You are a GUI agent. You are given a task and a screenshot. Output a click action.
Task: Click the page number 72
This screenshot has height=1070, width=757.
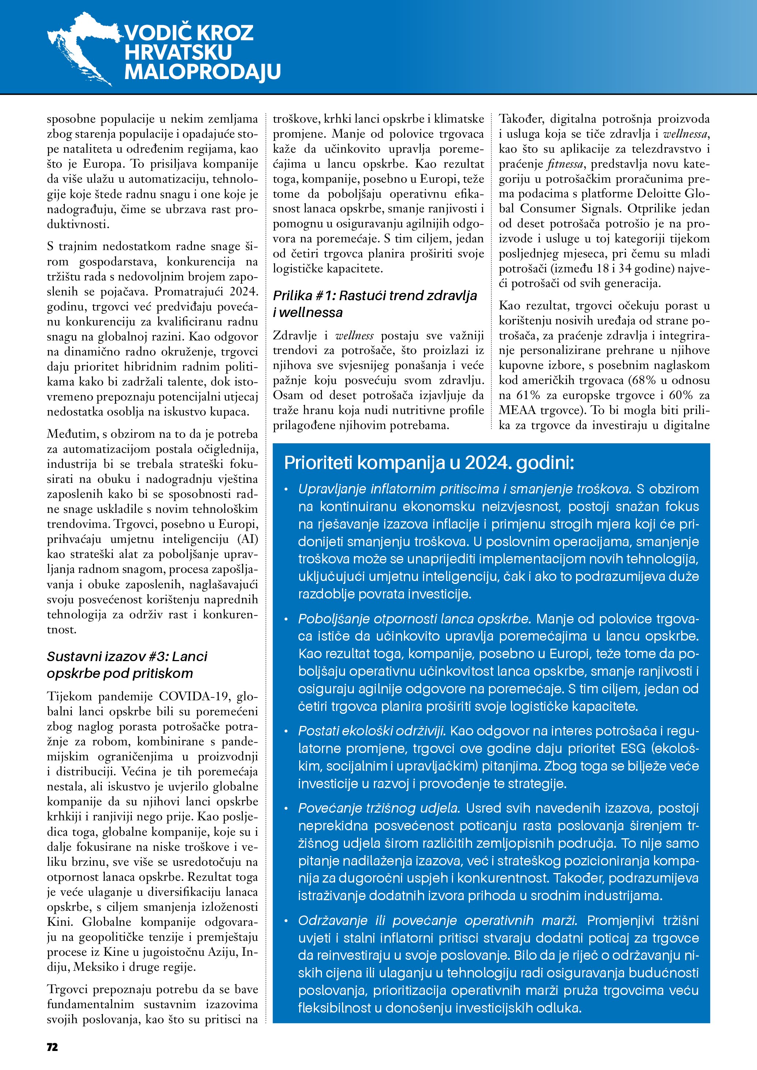(x=52, y=1047)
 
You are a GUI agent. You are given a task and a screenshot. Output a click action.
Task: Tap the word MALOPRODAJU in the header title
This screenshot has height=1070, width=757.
(x=202, y=72)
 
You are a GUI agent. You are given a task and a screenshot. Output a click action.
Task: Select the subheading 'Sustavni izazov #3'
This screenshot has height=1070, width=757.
(x=127, y=664)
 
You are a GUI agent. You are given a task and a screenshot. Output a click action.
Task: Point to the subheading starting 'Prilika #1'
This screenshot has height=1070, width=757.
(x=375, y=303)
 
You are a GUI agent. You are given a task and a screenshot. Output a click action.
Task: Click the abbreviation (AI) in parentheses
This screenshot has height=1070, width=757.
(x=248, y=539)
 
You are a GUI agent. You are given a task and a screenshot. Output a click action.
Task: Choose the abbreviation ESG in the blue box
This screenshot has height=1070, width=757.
(x=632, y=749)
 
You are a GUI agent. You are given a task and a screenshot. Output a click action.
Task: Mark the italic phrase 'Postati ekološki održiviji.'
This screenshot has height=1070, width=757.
(x=372, y=731)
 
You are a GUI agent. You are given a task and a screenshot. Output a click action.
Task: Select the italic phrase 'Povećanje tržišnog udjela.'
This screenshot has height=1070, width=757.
(x=379, y=808)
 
